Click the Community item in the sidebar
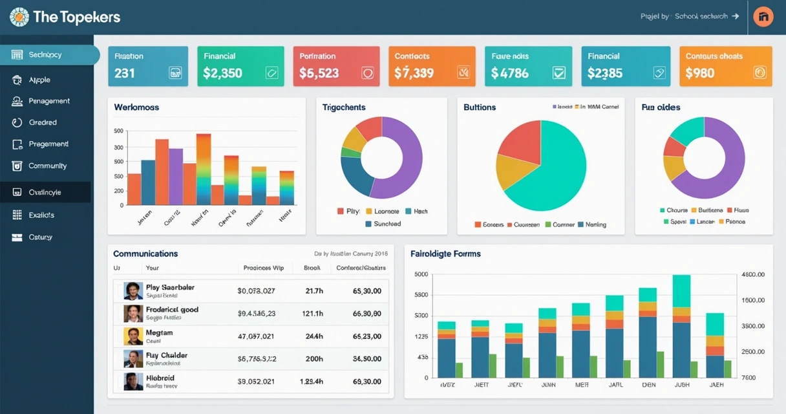pos(47,166)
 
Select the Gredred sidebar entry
pos(43,122)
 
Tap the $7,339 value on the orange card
pos(414,73)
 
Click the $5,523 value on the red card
pos(319,73)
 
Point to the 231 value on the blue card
pos(125,73)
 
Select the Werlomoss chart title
pos(136,107)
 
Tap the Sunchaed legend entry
pos(387,224)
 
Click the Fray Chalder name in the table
pos(167,355)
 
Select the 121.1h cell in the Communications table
pos(312,314)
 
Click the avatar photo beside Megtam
pos(133,336)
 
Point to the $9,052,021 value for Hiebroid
pos(257,382)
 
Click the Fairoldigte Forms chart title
pos(445,254)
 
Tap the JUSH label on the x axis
pos(681,384)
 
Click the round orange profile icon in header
pos(763,17)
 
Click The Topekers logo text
pos(76,17)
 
